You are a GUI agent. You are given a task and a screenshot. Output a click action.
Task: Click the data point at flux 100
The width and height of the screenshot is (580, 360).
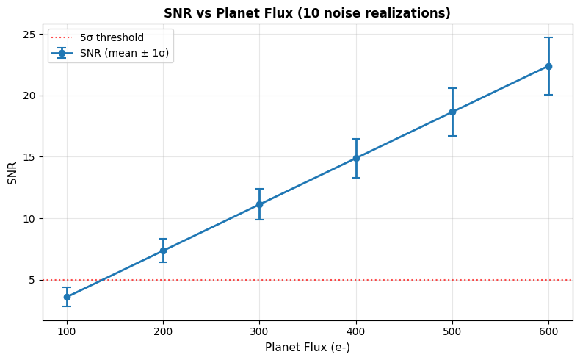(67, 297)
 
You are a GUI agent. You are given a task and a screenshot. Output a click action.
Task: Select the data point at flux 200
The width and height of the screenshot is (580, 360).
(163, 251)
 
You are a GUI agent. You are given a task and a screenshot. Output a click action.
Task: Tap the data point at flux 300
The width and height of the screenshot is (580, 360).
(259, 204)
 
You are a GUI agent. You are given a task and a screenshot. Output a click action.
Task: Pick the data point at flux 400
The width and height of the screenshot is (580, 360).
(356, 159)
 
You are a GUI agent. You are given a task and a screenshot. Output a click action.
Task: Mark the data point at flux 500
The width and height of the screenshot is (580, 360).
(452, 112)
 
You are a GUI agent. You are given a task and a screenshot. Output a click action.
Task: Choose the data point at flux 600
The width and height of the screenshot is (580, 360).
(548, 67)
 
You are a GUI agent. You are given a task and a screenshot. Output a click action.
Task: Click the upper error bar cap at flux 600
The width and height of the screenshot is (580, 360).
(548, 37)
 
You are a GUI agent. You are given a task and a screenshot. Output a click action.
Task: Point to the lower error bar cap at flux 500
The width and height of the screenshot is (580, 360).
(452, 136)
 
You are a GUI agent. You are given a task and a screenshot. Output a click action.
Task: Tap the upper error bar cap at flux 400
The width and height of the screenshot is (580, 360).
(356, 139)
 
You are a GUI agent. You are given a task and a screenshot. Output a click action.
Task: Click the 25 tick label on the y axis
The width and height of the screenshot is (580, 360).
(29, 35)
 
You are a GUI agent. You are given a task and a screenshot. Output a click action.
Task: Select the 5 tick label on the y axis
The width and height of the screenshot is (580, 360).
(32, 280)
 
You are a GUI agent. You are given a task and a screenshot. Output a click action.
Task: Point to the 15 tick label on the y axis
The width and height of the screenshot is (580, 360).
(29, 157)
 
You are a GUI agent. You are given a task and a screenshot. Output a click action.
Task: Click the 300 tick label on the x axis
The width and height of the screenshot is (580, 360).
(259, 331)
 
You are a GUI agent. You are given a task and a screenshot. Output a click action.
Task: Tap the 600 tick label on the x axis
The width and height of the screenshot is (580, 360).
(548, 331)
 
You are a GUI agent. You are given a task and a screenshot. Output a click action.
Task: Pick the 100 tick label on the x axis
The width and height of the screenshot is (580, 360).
(67, 331)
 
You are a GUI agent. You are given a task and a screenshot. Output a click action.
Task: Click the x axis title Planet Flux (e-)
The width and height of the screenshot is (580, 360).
(308, 348)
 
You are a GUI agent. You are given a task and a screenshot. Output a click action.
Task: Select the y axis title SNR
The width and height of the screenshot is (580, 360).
(12, 173)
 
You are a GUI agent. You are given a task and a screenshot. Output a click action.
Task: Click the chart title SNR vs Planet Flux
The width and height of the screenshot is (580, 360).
(308, 13)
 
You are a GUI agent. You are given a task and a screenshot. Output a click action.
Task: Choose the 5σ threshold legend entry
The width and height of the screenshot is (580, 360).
(97, 37)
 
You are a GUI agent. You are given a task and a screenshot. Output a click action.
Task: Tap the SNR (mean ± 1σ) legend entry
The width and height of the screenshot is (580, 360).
(110, 54)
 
